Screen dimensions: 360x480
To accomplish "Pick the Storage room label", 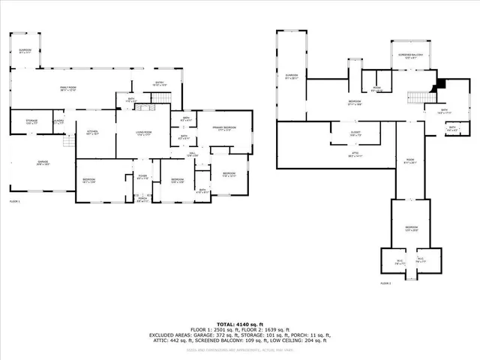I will (32, 121).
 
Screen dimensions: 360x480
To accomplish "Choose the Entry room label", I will (159, 84).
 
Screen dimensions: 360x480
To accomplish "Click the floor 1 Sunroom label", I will (25, 50).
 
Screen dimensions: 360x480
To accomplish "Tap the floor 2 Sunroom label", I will (291, 76).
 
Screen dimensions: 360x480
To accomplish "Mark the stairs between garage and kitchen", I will (69, 141).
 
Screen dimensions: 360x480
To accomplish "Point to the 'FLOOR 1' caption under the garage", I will (16, 202).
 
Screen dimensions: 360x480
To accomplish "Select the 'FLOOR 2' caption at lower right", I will (386, 284).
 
